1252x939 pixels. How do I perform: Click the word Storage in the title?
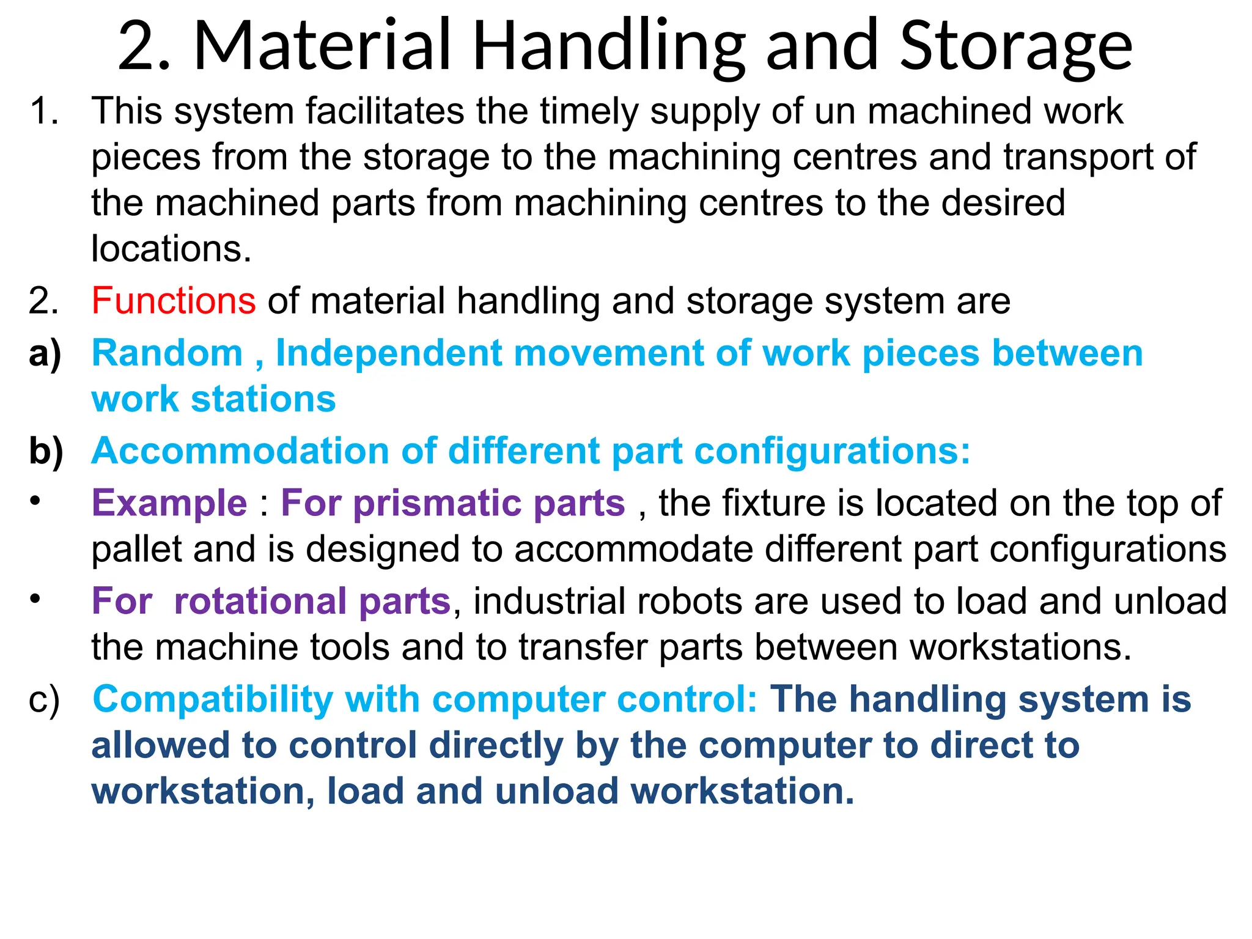[1016, 46]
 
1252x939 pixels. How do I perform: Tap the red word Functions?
[174, 301]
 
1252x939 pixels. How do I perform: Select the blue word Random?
[168, 353]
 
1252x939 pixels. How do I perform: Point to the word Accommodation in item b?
[240, 451]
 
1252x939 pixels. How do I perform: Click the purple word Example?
[169, 503]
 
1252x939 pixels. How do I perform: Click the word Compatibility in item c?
[212, 699]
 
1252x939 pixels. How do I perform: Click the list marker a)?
[45, 355]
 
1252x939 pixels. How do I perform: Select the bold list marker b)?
[46, 452]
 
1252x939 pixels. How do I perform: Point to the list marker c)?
[44, 701]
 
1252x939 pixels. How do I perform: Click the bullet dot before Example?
[35, 501]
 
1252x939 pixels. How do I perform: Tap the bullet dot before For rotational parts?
[35, 599]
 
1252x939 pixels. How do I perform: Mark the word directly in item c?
[496, 745]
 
